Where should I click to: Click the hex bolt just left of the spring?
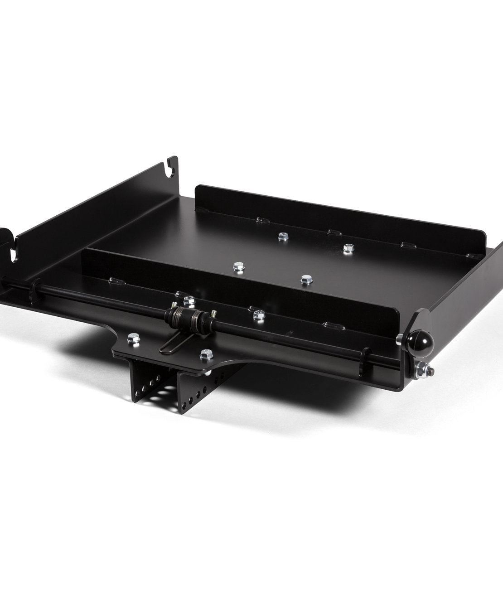[189, 299]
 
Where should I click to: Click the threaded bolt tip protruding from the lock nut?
[434, 370]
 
